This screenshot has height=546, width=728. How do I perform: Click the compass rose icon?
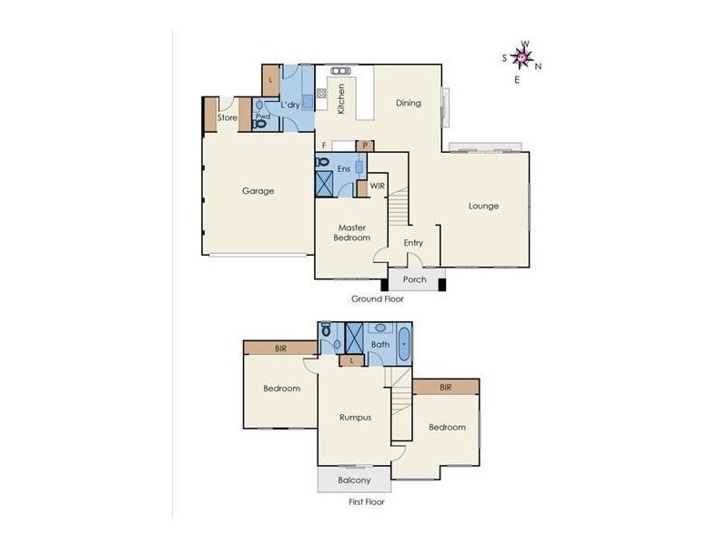coord(521,57)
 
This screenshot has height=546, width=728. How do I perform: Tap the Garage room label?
coord(258,191)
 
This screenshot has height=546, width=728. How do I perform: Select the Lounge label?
coord(483,206)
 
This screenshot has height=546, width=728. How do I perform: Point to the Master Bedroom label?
coord(353,232)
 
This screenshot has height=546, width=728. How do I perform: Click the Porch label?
coord(414,279)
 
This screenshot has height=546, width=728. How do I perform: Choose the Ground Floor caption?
coord(377,298)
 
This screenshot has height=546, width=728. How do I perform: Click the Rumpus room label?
coord(355,418)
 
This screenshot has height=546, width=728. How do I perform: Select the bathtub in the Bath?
coord(403,345)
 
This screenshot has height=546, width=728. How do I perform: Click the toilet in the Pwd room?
coord(259,125)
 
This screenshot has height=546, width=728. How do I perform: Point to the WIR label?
coord(378,187)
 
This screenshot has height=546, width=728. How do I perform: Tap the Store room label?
coord(227,117)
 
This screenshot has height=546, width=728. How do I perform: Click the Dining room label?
coord(409,103)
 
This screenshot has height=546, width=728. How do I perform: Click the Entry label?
coord(413,243)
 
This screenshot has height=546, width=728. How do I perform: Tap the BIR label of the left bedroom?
coord(281,348)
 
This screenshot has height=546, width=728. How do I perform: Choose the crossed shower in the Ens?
coord(325,183)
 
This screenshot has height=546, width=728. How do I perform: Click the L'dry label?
coord(290,106)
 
